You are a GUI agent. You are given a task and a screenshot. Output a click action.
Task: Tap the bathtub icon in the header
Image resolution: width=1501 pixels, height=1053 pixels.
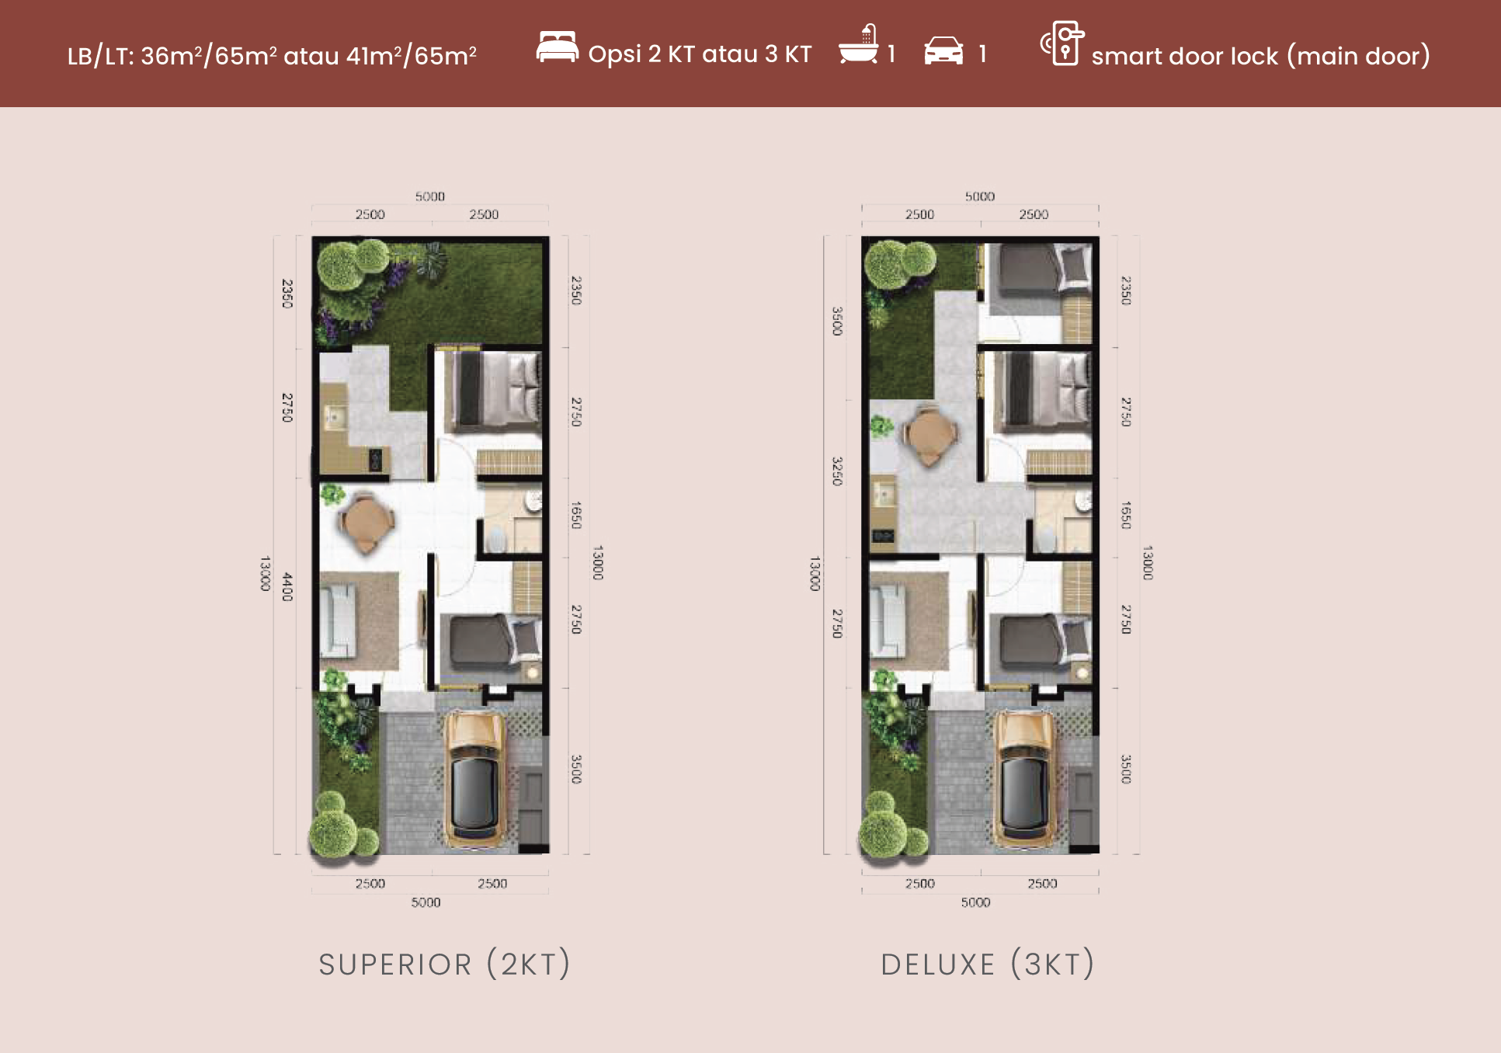[x=859, y=44]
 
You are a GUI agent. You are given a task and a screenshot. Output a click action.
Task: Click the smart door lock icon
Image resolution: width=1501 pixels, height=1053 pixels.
[x=1062, y=43]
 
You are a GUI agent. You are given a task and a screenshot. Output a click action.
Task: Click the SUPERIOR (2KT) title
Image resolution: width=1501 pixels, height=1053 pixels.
[x=445, y=964]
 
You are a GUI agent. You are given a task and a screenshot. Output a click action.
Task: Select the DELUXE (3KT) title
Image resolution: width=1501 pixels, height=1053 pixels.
[x=988, y=964]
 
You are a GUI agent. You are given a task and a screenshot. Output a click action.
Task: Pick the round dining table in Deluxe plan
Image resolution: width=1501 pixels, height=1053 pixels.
[x=929, y=435]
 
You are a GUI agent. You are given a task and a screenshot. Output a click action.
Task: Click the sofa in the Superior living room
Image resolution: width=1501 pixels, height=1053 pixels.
[x=339, y=620]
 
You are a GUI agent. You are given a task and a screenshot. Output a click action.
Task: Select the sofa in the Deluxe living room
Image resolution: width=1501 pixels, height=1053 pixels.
[x=888, y=620]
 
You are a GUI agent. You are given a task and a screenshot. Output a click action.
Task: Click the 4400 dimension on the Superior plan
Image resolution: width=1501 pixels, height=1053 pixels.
[x=287, y=586]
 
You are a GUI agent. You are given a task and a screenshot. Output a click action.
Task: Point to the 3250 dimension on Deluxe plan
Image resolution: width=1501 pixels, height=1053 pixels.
[x=837, y=471]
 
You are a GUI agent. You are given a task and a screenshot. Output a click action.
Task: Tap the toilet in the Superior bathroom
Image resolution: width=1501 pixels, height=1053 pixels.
[x=495, y=537]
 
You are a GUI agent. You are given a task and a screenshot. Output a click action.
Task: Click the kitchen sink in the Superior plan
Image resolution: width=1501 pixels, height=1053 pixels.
[x=335, y=418]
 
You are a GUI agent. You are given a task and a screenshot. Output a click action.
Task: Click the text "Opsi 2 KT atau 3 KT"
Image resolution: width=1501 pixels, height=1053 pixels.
[x=700, y=54]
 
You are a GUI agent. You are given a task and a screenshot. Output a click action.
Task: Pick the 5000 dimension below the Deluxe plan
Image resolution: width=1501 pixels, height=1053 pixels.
[x=975, y=902]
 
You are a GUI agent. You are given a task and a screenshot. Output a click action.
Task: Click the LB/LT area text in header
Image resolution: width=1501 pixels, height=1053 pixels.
[x=272, y=56]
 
